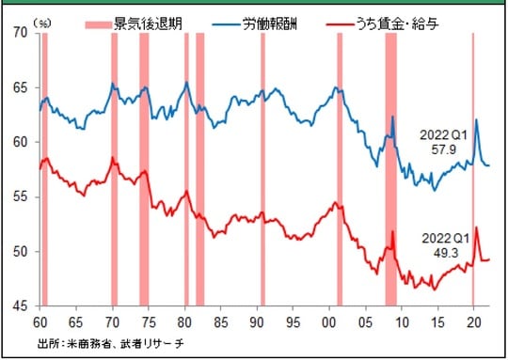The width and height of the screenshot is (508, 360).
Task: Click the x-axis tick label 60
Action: click(41, 319)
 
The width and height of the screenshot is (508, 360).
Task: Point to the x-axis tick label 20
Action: click(474, 319)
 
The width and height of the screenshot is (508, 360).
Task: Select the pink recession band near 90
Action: click(262, 169)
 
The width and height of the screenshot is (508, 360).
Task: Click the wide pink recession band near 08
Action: click(390, 169)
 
